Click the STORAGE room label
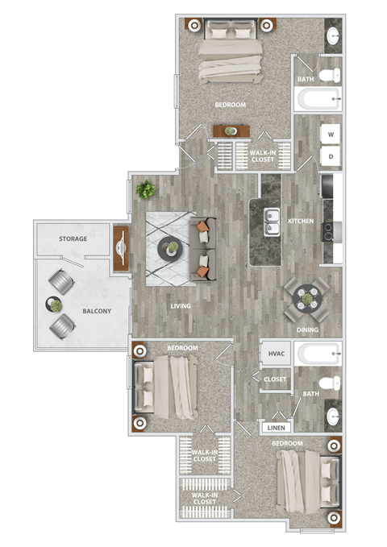click(73, 239)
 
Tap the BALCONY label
click(96, 311)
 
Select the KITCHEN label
click(300, 221)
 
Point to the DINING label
click(307, 330)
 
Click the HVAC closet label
click(277, 354)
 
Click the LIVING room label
click(180, 306)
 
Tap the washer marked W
click(331, 135)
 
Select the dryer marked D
click(331, 156)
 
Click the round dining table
click(306, 298)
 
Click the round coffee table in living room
click(171, 250)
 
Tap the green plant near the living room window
click(146, 190)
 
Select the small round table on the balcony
click(55, 305)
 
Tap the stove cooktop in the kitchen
click(329, 232)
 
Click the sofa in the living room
click(203, 249)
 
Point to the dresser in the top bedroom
click(231, 131)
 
